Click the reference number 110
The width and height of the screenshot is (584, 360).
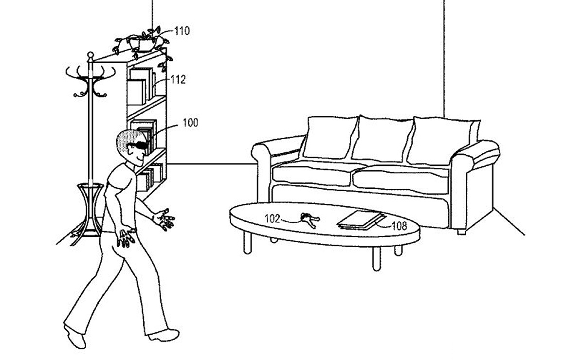point(182,31)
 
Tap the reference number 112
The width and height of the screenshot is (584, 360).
point(178,79)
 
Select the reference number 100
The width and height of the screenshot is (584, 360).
point(190,123)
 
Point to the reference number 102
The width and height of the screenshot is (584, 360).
point(272,218)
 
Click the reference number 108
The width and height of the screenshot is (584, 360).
point(400,226)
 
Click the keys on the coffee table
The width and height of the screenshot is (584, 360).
point(310,220)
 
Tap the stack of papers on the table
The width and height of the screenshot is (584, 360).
point(361,220)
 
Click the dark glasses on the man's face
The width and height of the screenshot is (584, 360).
point(139,145)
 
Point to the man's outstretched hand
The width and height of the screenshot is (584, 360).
point(164,219)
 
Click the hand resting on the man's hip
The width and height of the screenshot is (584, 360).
point(126,237)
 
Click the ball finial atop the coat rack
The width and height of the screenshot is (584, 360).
point(90,55)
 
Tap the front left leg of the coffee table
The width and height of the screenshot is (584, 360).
point(247,243)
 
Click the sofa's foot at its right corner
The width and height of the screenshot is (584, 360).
point(461,232)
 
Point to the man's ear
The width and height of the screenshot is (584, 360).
point(129,150)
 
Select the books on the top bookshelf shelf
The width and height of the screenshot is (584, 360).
point(142,86)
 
